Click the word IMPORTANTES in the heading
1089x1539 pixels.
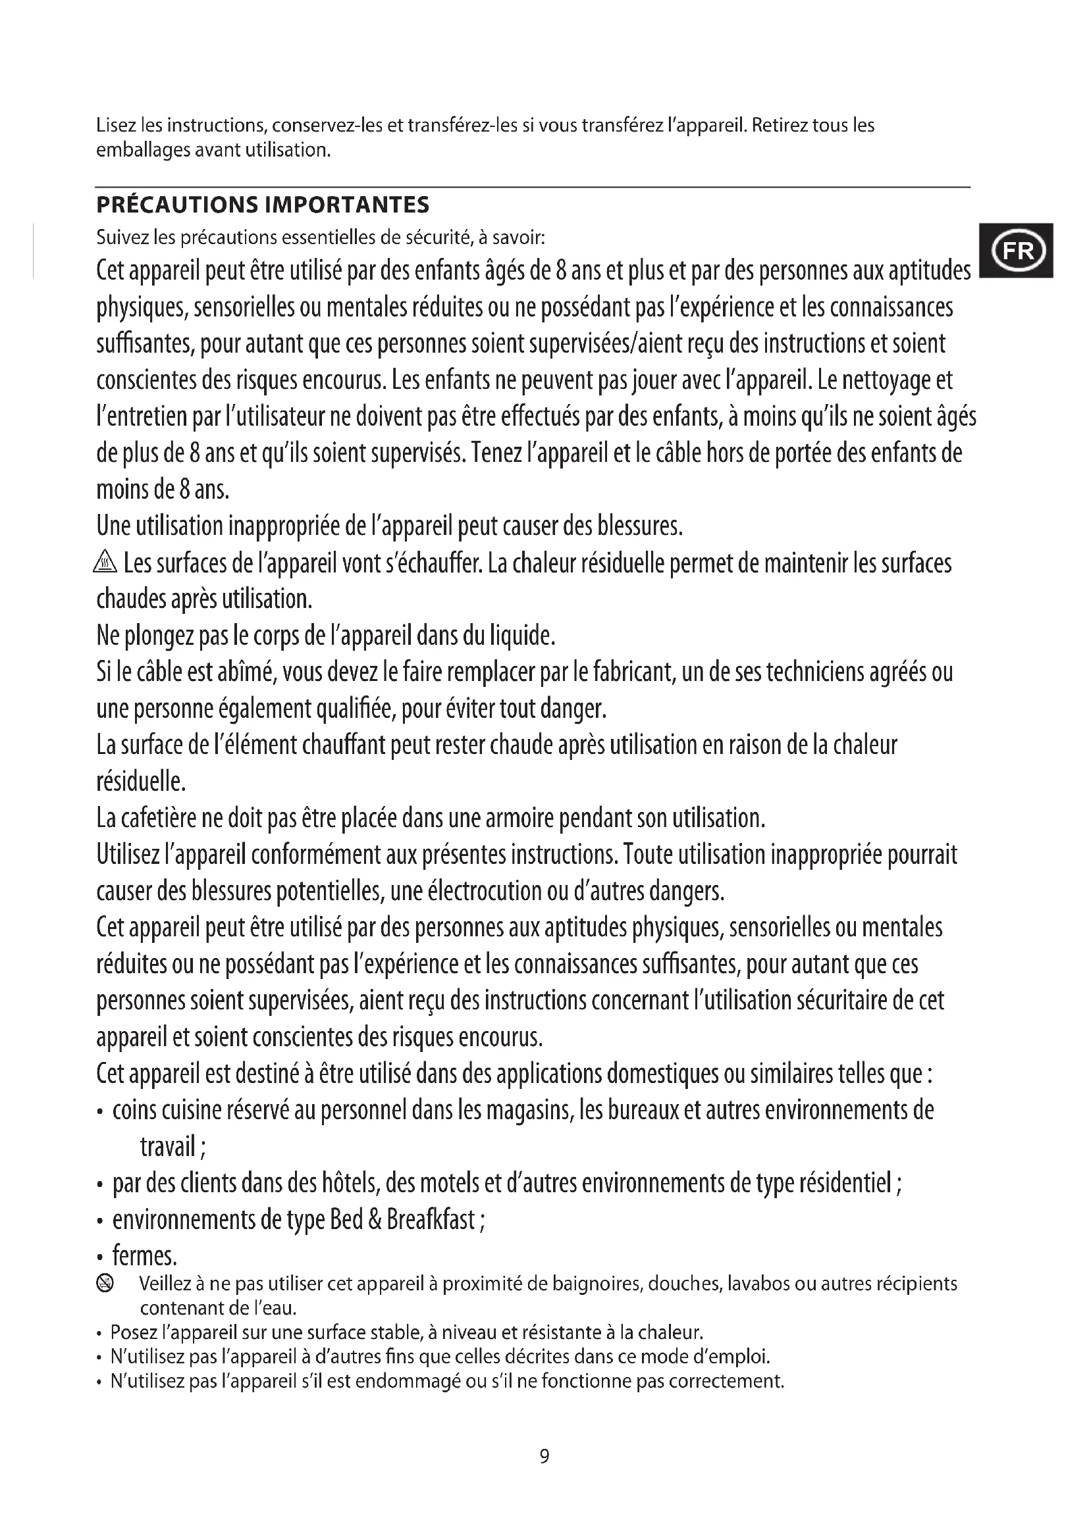348,205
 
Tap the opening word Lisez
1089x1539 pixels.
117,126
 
